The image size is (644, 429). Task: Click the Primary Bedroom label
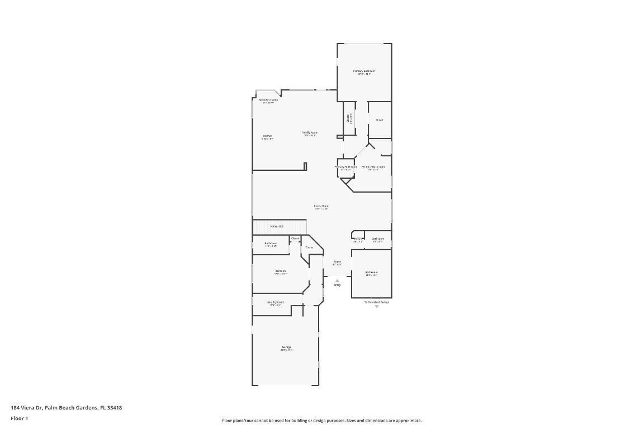tap(363, 71)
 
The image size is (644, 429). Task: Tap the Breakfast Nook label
tap(268, 101)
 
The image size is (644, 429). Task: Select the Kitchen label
tap(268, 136)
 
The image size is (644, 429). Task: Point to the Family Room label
tap(310, 133)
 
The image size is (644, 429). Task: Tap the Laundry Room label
tap(276, 302)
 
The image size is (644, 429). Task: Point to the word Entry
tap(337, 285)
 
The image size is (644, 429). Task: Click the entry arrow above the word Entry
tap(337, 280)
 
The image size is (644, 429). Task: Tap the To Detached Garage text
tap(377, 302)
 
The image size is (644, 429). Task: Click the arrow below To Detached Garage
tap(377, 307)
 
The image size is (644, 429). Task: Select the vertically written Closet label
tap(349, 118)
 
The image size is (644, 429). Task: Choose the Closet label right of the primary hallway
tap(379, 120)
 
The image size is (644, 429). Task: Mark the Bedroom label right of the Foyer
tap(371, 273)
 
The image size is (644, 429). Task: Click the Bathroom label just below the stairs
tap(271, 244)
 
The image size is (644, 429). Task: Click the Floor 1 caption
tap(19, 418)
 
